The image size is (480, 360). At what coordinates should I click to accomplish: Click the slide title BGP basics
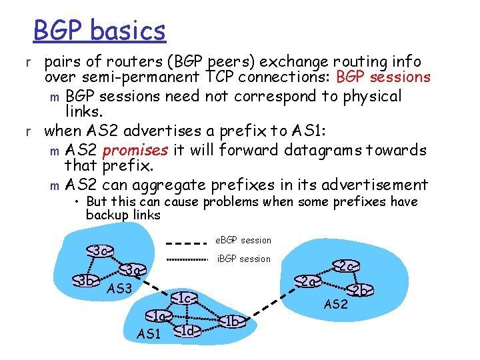pos(99,31)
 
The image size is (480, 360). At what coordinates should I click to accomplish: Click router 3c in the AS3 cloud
pos(101,251)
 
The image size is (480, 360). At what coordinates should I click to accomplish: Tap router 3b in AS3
pos(85,279)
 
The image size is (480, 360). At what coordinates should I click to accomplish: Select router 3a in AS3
pos(133,270)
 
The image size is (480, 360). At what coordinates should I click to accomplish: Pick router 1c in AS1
pos(185,297)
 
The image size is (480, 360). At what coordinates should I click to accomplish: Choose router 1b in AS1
pos(232,321)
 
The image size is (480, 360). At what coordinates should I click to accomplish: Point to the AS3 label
pos(120,289)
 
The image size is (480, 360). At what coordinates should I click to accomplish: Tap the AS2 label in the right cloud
pos(335,305)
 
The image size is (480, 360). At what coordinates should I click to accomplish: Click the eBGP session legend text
pos(243,240)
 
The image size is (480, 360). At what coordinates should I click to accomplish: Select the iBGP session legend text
pos(244,259)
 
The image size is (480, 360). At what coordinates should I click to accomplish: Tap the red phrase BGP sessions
pos(383,77)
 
